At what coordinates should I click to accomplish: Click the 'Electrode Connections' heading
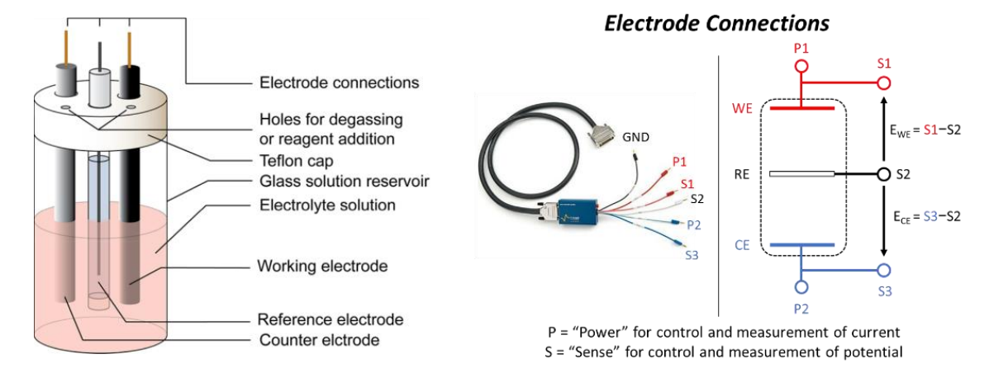pos(716,23)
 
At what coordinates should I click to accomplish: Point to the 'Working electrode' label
pos(322,267)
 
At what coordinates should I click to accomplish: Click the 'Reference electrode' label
pos(330,319)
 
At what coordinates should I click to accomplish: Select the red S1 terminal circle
pos(883,83)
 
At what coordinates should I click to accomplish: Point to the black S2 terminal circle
pos(883,175)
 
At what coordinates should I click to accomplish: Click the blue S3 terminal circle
pos(883,270)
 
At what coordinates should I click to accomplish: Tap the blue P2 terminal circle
pos(801,287)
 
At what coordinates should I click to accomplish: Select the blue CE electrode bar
pos(801,245)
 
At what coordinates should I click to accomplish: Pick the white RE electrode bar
pos(801,175)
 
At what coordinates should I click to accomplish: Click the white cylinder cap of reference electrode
pos(101,86)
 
